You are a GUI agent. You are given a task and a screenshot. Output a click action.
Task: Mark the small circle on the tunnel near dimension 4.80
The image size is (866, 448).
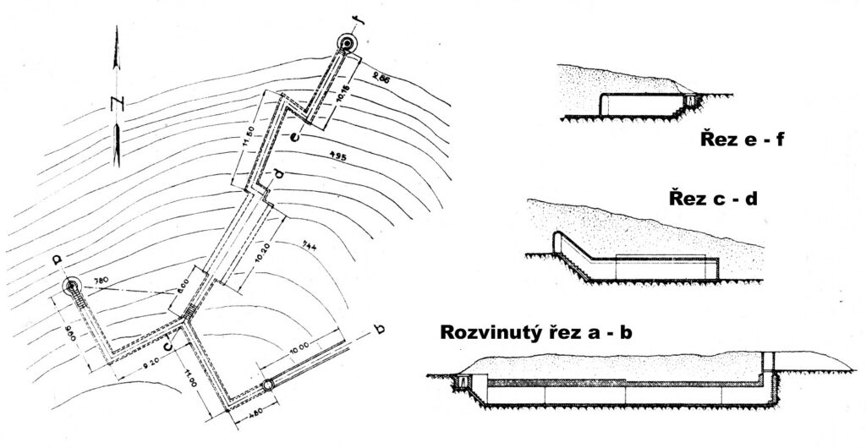(267, 385)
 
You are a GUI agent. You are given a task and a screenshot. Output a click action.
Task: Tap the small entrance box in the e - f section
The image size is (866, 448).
(689, 101)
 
